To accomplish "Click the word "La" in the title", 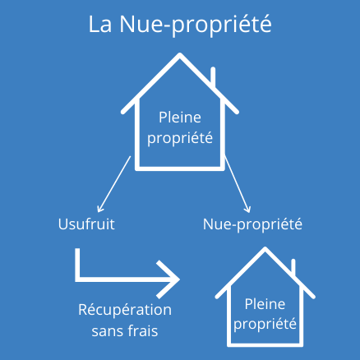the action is coord(100,25).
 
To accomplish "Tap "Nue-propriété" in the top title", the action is coord(196,25).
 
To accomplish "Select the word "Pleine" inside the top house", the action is coord(180,118).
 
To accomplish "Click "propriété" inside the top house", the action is coord(180,138).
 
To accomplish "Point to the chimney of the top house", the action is coord(213,76).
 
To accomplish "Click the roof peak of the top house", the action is coord(180,54).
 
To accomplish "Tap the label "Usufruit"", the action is coord(86,224).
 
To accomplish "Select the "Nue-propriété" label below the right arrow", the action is coord(252,224).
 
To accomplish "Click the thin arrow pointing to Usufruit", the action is coord(114,184).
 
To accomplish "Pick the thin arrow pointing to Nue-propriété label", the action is coord(238,184).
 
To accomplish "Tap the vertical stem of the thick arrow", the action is coord(77,265).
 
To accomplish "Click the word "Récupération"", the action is coord(125,310).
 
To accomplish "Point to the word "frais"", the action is coord(144,330).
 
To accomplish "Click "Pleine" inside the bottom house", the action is coord(265,304).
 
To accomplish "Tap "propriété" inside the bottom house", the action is coord(265,325).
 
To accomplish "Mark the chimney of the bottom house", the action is coord(293,266).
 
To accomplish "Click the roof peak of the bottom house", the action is coord(265,248).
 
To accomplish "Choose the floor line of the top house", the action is coord(180,168).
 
